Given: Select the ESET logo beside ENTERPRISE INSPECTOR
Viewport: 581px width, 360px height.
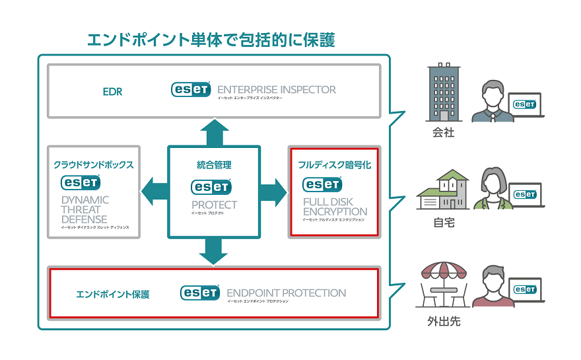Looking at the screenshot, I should pyautogui.click(x=191, y=89).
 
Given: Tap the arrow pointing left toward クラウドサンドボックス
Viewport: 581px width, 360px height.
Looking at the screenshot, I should pyautogui.click(x=154, y=192).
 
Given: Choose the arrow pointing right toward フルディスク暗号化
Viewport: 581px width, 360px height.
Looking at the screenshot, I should pyautogui.click(x=273, y=192).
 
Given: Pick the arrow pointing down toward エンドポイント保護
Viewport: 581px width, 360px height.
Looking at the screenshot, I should pyautogui.click(x=213, y=250).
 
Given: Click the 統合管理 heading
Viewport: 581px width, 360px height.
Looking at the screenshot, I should pyautogui.click(x=213, y=164).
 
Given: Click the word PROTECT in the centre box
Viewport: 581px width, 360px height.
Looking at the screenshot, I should pyautogui.click(x=214, y=205).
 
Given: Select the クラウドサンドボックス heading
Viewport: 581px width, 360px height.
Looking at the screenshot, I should pyautogui.click(x=94, y=164).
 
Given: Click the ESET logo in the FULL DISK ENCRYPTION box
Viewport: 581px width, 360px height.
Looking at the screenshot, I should pyautogui.click(x=322, y=184).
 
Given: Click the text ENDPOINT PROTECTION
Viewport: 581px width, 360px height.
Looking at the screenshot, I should pyautogui.click(x=286, y=293).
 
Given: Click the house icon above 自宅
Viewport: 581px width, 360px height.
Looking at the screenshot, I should pyautogui.click(x=442, y=191).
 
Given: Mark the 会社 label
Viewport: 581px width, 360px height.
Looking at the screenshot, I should pyautogui.click(x=442, y=133).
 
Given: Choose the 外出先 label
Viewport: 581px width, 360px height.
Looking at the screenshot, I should pyautogui.click(x=442, y=324).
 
